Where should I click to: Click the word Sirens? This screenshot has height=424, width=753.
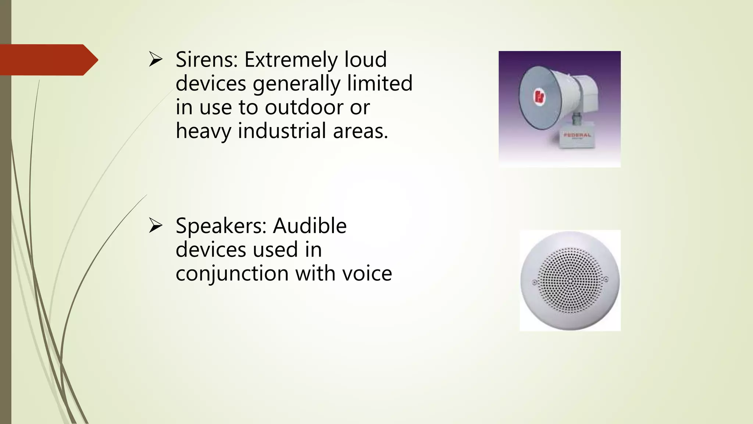(207, 60)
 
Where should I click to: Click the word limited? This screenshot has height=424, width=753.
(380, 83)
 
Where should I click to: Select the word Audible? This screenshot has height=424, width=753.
(310, 226)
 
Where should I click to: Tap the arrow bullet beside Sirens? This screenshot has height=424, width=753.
(156, 60)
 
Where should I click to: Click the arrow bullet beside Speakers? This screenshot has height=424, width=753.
(156, 226)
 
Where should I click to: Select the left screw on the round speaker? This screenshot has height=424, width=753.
(535, 283)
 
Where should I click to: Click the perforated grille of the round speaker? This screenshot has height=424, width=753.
(570, 280)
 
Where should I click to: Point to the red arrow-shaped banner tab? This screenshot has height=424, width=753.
(48, 60)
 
